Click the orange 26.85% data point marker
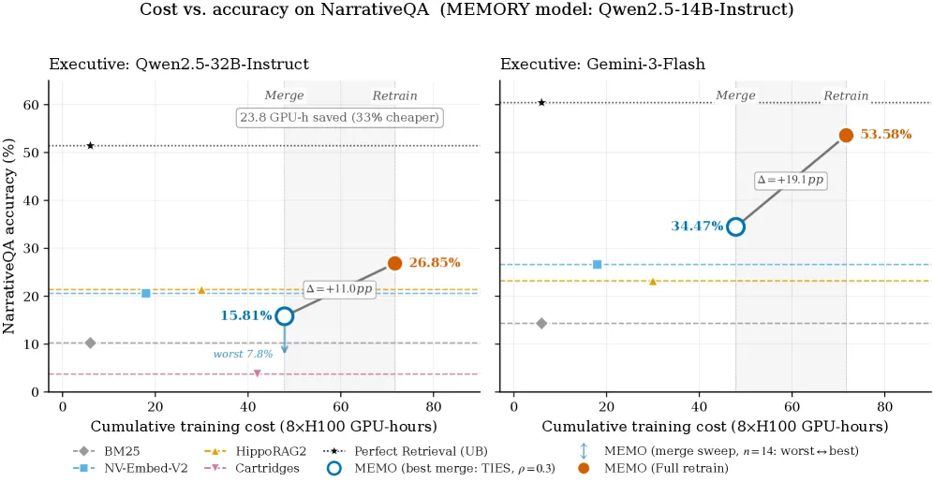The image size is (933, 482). click(394, 263)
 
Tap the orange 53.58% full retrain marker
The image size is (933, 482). click(846, 135)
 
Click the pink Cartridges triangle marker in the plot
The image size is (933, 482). click(257, 373)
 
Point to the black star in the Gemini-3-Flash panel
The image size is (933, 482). click(541, 103)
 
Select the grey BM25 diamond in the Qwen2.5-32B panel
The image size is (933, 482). click(91, 343)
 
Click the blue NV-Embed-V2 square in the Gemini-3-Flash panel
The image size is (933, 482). click(598, 264)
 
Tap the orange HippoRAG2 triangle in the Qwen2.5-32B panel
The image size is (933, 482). click(201, 290)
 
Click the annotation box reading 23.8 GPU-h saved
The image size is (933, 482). click(340, 117)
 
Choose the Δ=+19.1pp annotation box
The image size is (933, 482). click(792, 180)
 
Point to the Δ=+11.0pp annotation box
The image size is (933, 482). click(340, 289)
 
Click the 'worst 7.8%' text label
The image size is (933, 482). click(243, 354)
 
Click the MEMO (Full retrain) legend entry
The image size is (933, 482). click(652, 468)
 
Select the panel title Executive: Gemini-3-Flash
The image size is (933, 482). click(602, 65)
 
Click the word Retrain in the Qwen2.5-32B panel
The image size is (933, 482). click(395, 95)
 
